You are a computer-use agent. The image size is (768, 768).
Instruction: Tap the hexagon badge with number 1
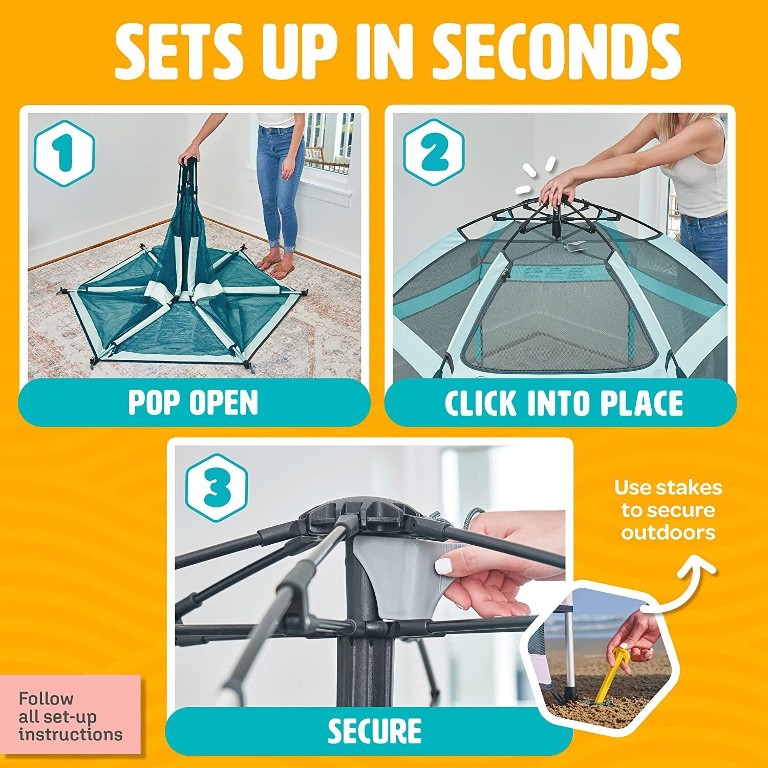[65, 153]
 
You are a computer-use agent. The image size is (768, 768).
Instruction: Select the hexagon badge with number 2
[434, 153]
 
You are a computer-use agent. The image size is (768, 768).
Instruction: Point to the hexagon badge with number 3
[217, 484]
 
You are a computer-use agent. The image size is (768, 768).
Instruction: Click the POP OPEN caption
[194, 402]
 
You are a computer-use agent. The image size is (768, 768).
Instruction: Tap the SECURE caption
[374, 731]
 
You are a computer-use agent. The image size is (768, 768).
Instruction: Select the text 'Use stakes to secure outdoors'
[668, 510]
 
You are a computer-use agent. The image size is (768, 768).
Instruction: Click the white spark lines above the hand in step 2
[535, 177]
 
